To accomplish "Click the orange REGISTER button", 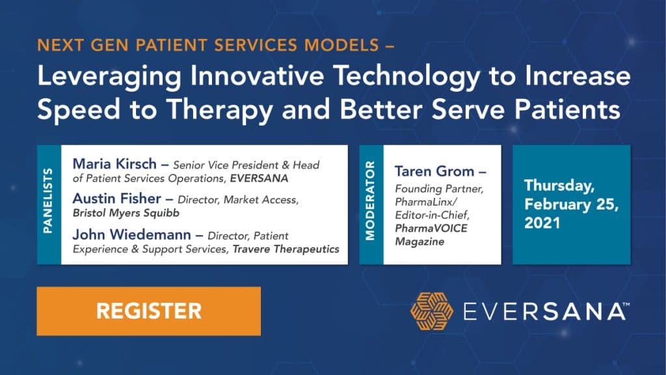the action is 149,311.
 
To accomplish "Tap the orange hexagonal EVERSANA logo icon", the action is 432,311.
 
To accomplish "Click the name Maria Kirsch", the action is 114,164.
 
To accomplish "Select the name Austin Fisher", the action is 117,199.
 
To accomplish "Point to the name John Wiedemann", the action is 131,234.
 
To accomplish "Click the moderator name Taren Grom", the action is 434,171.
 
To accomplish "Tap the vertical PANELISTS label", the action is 48,201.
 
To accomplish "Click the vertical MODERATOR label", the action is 370,201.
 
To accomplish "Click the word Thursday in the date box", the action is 559,186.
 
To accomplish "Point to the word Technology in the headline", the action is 406,77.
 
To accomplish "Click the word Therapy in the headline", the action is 219,111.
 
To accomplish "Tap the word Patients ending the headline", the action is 567,109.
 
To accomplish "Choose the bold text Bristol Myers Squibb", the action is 126,213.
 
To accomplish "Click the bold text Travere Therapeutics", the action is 286,249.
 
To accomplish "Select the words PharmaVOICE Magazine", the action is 431,234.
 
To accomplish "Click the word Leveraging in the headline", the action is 109,77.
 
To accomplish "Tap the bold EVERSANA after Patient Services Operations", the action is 259,178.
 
